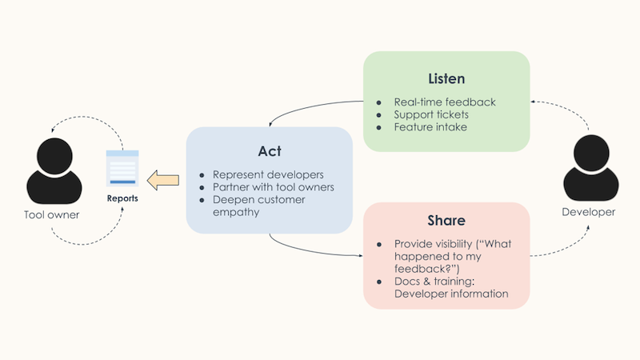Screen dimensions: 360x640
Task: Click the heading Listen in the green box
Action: pyautogui.click(x=446, y=79)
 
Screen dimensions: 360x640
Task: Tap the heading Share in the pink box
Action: pyautogui.click(x=446, y=221)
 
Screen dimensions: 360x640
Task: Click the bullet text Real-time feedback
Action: pyautogui.click(x=445, y=102)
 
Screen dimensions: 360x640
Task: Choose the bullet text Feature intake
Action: pyautogui.click(x=430, y=127)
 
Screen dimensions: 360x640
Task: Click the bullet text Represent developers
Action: pyautogui.click(x=267, y=174)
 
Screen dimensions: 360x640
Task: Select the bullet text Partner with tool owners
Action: pyautogui.click(x=273, y=187)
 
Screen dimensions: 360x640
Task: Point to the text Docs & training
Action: pyautogui.click(x=433, y=281)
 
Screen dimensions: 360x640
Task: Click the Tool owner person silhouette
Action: pyautogui.click(x=53, y=172)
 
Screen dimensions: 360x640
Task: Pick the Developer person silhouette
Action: pyautogui.click(x=590, y=170)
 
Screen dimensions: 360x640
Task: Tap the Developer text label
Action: pyautogui.click(x=590, y=212)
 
